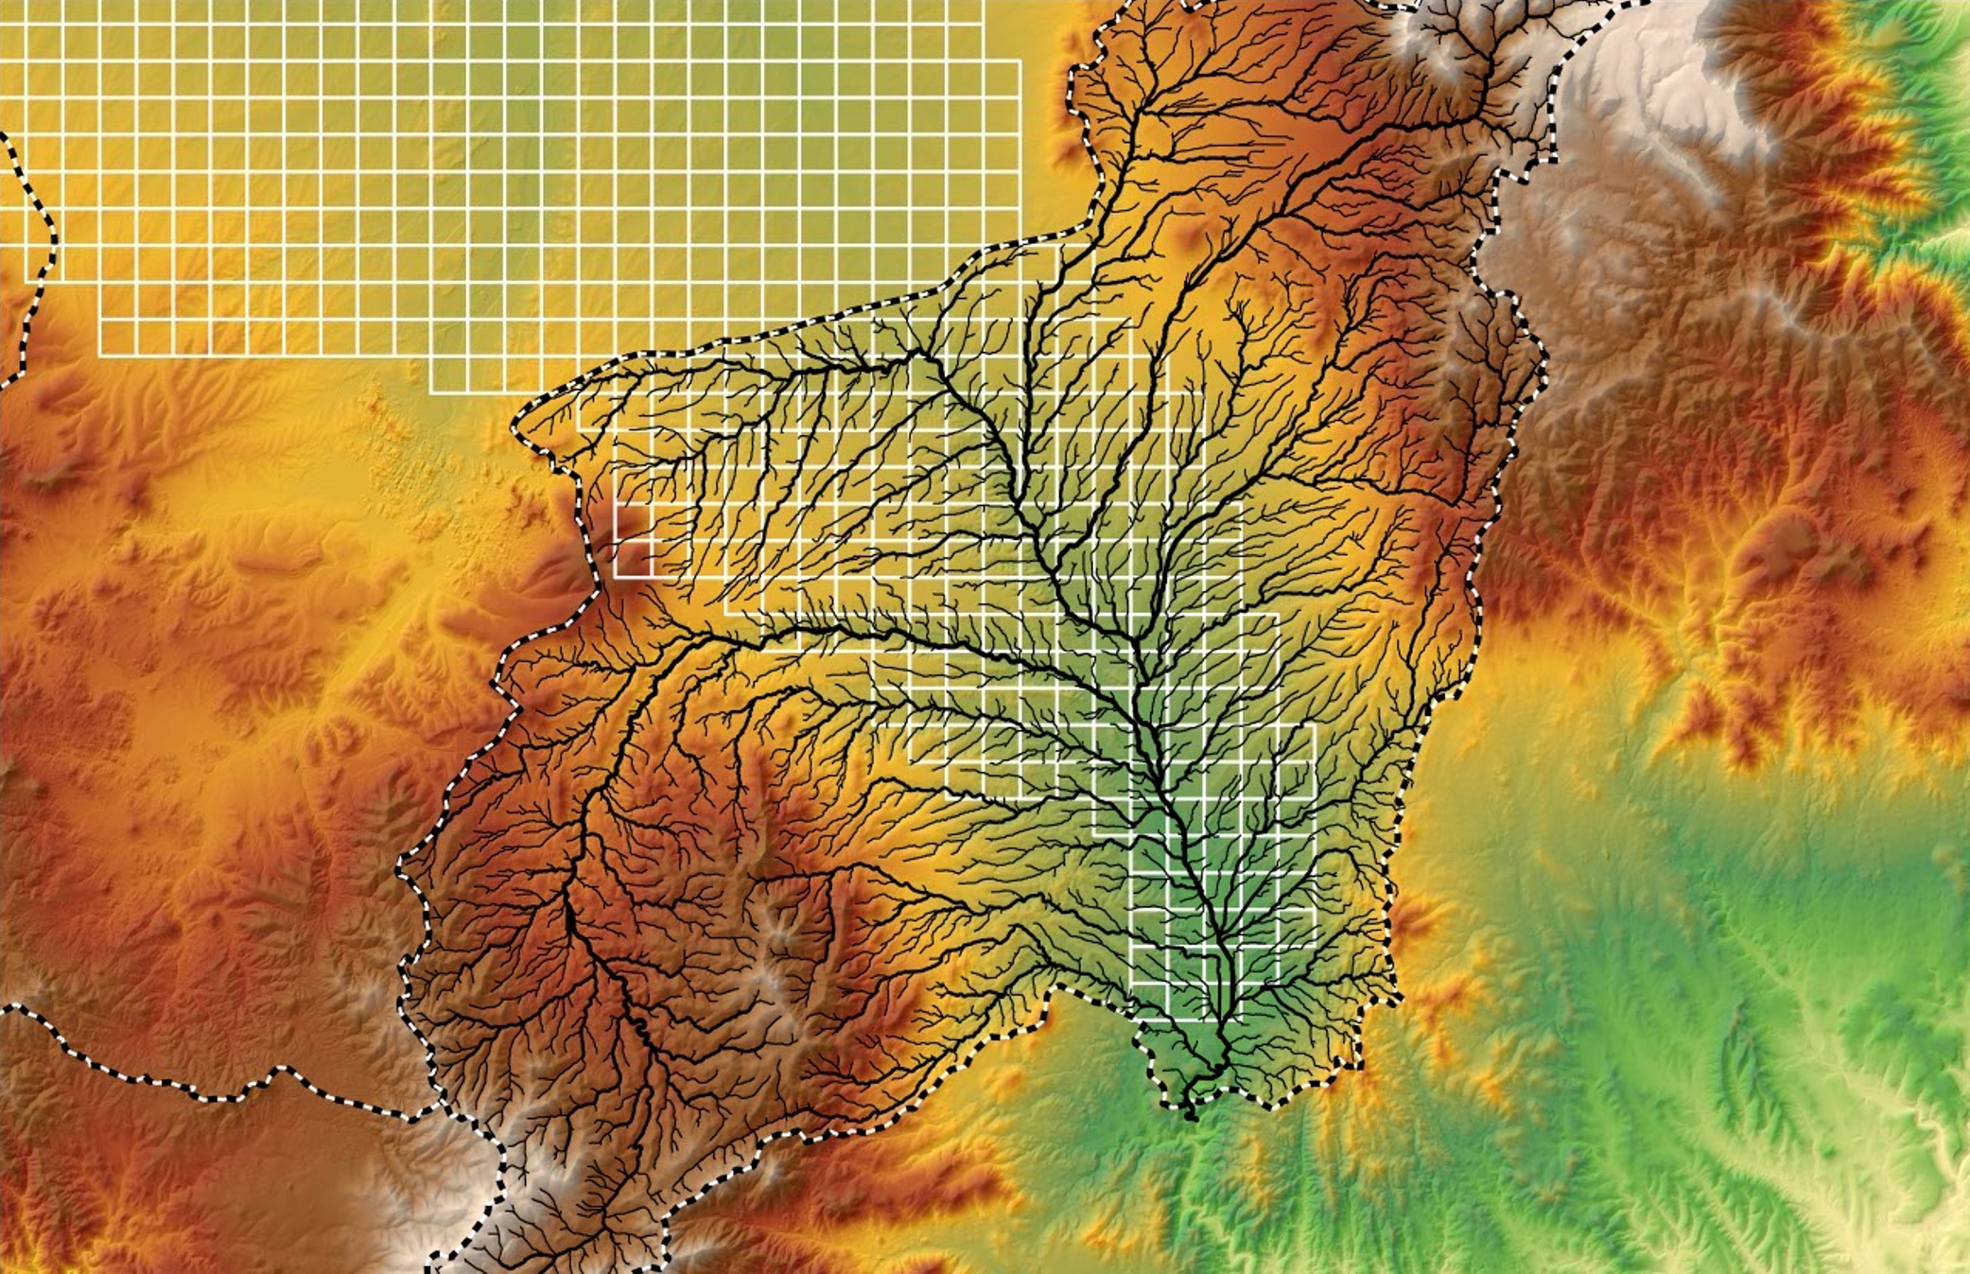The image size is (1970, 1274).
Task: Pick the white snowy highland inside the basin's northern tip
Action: pos(1438,47)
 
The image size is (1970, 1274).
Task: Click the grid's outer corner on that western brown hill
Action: pos(616,576)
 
